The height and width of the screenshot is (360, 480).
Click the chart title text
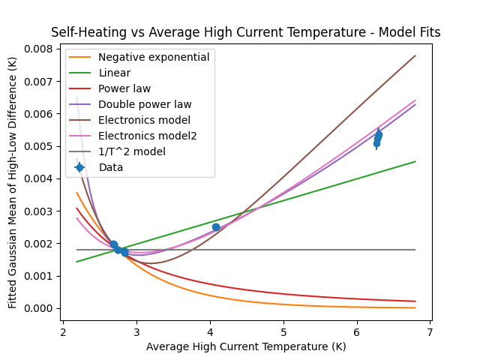pos(245,32)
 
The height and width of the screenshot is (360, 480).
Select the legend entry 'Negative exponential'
pos(154,57)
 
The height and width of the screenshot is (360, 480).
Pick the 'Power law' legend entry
pos(124,88)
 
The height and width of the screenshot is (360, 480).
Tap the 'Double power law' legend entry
pos(145,104)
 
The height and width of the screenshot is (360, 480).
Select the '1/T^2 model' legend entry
pos(132,151)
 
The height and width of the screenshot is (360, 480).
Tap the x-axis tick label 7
pos(430,331)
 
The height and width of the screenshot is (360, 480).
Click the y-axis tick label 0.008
pos(37,49)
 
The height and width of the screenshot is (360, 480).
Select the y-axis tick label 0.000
pos(37,308)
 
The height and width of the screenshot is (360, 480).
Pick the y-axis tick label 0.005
pos(37,146)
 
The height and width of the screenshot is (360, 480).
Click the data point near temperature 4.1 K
pos(216,227)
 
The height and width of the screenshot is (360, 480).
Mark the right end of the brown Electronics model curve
pos(415,55)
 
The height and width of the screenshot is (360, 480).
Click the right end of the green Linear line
pos(415,161)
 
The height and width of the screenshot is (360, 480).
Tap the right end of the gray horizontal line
pos(415,250)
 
